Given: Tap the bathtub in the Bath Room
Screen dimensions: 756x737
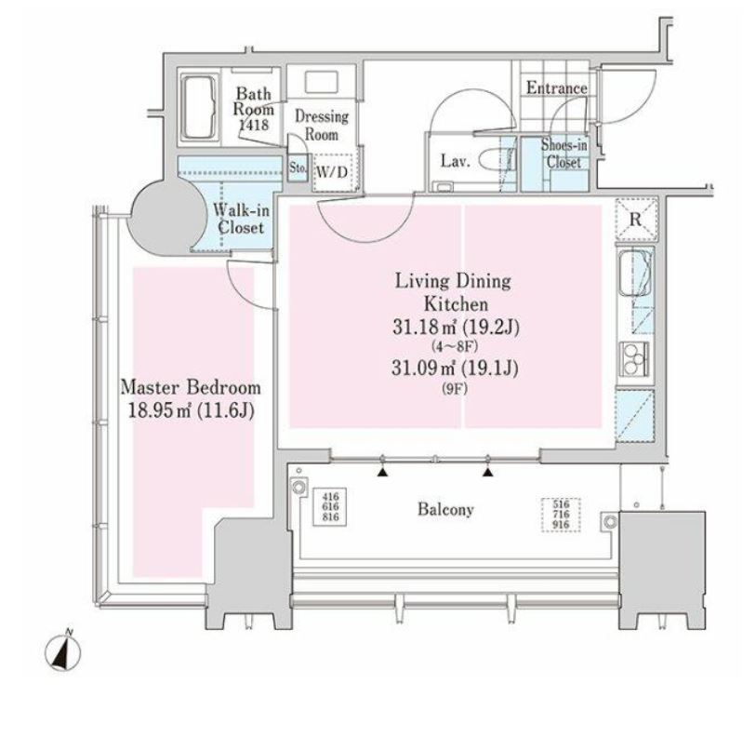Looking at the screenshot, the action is tap(199, 109).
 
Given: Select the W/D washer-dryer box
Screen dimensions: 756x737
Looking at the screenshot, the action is tap(331, 172).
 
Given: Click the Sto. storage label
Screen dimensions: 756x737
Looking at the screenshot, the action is tap(298, 167).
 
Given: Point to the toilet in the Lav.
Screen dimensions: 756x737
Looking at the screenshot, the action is tap(494, 160).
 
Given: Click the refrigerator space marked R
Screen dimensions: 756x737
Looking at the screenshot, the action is tap(636, 219).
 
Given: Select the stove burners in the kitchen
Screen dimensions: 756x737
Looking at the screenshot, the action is tap(632, 357).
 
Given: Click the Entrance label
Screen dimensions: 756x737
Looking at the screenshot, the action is tap(556, 87).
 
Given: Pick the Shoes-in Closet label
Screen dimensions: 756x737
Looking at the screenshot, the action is tap(564, 153).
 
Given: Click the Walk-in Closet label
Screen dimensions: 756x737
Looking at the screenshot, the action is tap(241, 219).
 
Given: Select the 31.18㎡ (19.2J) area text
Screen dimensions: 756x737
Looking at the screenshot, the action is tap(455, 328).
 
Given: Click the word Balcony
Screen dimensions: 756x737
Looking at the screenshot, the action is tap(445, 509).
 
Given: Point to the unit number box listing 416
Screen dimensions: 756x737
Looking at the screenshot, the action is tap(330, 506).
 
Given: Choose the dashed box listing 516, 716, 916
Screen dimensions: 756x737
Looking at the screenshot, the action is tap(561, 515).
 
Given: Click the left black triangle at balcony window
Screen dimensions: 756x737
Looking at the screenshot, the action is tap(383, 472).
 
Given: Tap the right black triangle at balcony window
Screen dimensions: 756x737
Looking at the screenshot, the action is tap(488, 472).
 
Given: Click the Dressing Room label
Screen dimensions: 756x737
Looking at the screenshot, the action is tap(322, 125).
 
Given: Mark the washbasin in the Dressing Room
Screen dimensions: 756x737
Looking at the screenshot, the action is tap(322, 82).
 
